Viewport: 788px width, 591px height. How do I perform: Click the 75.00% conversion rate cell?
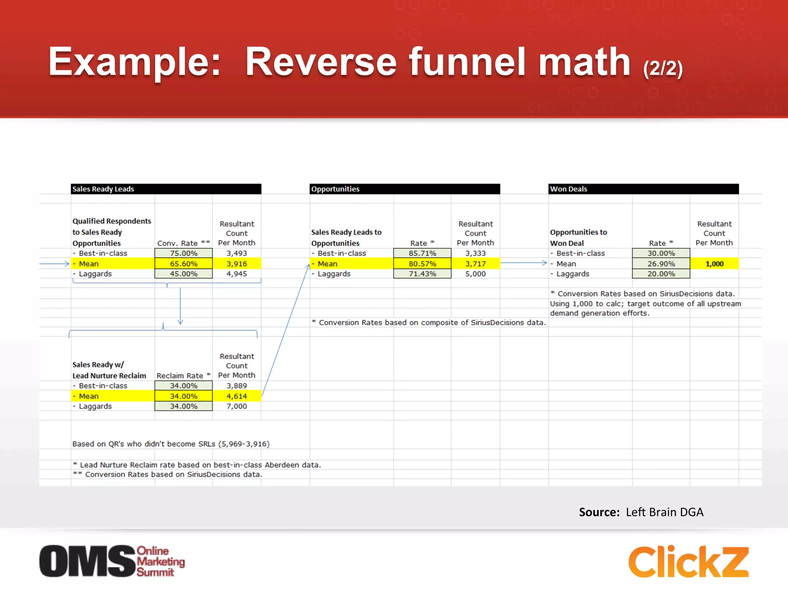point(184,253)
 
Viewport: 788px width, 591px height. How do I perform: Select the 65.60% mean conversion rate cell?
point(184,264)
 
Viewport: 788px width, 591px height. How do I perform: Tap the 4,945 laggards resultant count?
point(237,274)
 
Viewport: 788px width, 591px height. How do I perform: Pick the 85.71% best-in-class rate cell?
point(422,253)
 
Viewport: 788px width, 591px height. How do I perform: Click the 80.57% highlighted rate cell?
point(422,264)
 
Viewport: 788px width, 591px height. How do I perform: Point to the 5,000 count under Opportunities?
point(475,274)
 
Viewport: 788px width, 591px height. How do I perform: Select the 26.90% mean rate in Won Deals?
point(661,264)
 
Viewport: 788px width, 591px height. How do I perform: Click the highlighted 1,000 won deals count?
point(714,264)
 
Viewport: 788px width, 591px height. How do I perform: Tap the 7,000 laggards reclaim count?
point(237,406)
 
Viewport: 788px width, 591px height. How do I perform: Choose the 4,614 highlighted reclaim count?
point(237,396)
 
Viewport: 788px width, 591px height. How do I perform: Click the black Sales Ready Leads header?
point(166,189)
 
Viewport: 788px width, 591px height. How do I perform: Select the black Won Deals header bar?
point(643,189)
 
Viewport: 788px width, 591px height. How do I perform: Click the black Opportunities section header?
point(404,189)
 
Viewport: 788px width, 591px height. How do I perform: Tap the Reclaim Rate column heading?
point(183,376)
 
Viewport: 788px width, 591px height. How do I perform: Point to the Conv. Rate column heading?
point(183,243)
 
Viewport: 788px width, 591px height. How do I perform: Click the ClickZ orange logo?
point(688,562)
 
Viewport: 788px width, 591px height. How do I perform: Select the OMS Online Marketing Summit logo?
point(112,561)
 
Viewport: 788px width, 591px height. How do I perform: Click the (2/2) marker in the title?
point(663,68)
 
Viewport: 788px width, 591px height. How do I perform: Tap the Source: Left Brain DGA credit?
point(641,512)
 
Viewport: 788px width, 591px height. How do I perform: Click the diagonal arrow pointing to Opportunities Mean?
point(285,331)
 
